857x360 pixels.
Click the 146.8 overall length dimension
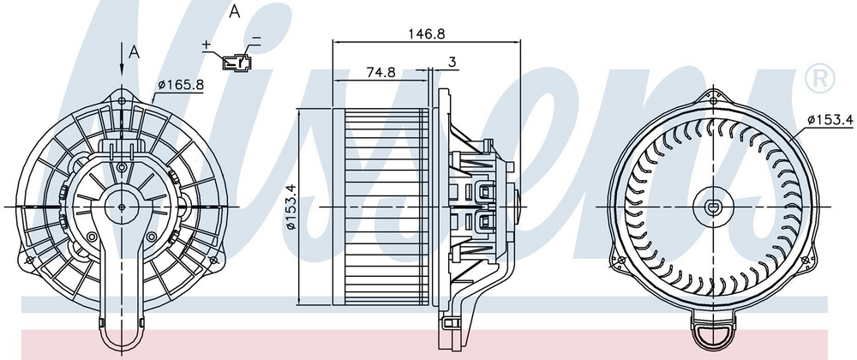click(x=427, y=33)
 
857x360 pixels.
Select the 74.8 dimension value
click(x=381, y=73)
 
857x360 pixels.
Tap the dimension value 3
click(x=452, y=63)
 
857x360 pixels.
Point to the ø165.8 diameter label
click(x=181, y=85)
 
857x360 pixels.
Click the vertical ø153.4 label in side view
click(x=291, y=207)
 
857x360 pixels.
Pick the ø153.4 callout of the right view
click(x=830, y=120)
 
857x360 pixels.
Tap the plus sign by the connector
click(x=206, y=45)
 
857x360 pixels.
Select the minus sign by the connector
click(x=256, y=39)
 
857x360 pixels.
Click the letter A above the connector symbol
click(x=235, y=11)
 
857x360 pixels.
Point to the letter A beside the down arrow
click(x=135, y=52)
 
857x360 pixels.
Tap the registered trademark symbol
click(x=820, y=78)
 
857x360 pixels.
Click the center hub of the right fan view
click(x=713, y=207)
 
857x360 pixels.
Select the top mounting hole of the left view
click(x=122, y=100)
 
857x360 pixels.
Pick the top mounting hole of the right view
click(x=714, y=100)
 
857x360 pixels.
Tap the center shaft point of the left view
click(x=122, y=207)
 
